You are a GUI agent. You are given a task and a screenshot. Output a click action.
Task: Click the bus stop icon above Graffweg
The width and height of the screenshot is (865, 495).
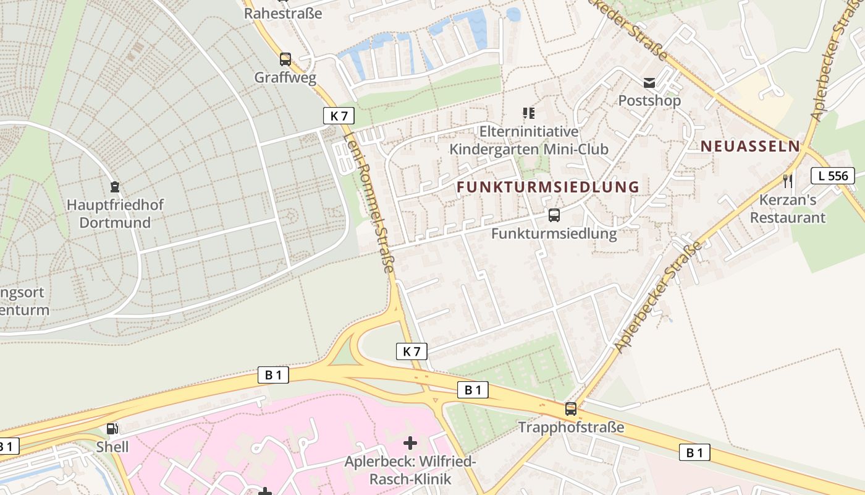[x=285, y=59]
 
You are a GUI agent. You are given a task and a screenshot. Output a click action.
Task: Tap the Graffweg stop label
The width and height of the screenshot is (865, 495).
[x=285, y=78]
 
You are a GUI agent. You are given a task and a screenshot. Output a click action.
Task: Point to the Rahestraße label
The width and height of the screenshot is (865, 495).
[x=283, y=13]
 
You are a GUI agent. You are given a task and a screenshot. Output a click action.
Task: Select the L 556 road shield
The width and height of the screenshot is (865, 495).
[x=833, y=176]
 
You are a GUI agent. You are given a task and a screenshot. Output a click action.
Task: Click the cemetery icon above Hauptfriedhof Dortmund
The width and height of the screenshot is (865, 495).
[x=114, y=186]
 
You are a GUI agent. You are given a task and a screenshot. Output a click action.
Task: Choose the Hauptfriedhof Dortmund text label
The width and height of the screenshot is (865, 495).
[x=115, y=213]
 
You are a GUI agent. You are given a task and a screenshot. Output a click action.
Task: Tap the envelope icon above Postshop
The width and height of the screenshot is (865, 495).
[x=649, y=83]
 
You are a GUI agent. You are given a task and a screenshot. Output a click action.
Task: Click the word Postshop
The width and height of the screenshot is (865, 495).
[x=649, y=100]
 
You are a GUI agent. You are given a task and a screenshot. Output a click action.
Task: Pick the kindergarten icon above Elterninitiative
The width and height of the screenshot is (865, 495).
[x=528, y=113]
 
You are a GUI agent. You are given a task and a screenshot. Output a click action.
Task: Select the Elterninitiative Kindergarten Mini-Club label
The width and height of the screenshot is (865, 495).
[x=529, y=140]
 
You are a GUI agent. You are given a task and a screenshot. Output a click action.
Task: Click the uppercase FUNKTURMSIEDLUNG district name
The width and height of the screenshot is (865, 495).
[x=548, y=187]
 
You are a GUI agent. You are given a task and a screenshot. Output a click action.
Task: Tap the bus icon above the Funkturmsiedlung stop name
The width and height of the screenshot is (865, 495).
[x=554, y=215]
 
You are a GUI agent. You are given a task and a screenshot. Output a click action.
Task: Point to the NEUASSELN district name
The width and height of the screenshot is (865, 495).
[x=749, y=147]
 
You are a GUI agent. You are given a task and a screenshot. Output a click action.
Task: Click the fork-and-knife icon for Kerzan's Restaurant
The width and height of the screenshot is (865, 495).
[x=788, y=181]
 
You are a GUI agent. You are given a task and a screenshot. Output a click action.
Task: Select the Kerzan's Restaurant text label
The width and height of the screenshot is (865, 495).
[x=788, y=209]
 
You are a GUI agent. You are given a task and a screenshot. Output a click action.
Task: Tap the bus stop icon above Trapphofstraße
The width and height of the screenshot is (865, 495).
[x=571, y=409]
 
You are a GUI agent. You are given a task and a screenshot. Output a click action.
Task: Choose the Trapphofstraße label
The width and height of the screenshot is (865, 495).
[x=571, y=428]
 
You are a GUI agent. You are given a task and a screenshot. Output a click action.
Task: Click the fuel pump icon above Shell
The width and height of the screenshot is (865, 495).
[x=112, y=428]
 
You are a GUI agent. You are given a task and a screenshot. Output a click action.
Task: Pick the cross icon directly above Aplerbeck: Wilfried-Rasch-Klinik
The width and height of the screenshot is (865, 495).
[x=410, y=443]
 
